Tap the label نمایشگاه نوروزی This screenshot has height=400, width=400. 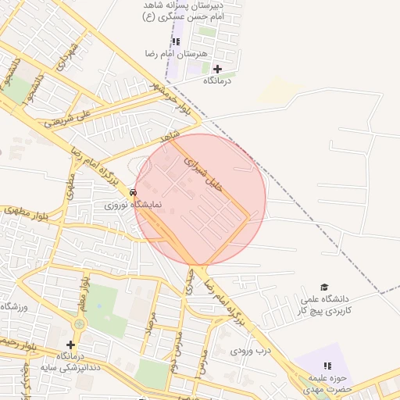pos(134,204)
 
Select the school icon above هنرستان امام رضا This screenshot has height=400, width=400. pos(175,41)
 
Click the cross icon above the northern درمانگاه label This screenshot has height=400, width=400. pos(217,69)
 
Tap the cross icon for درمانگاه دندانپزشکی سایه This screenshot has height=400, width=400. pos(70,345)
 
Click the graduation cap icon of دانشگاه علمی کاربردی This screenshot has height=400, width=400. pos(325,287)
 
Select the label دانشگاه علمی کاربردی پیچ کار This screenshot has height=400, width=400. pos(324,304)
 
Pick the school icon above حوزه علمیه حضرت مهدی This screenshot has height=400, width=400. pos(328,365)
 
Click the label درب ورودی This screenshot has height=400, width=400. pos(251,350)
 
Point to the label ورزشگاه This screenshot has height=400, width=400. pos(14,307)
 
